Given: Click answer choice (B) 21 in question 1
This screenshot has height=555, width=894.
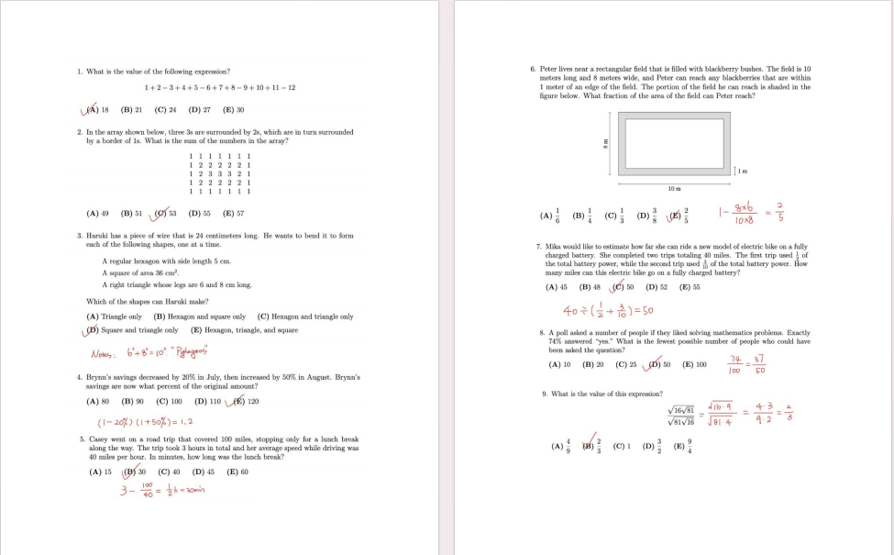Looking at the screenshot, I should point(131,110).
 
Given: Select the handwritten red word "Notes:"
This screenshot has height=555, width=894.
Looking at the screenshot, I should point(104,353).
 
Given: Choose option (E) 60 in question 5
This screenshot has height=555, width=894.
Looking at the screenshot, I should point(237,472).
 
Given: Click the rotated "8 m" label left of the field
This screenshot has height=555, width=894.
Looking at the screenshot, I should point(606,144).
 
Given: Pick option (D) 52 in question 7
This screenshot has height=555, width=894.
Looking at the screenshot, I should point(657,287).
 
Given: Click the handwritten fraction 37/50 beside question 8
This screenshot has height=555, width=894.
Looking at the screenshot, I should point(758,365).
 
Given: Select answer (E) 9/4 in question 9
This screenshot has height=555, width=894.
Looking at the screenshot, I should point(681,448).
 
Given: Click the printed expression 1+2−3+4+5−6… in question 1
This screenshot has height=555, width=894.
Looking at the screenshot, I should point(220,87).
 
